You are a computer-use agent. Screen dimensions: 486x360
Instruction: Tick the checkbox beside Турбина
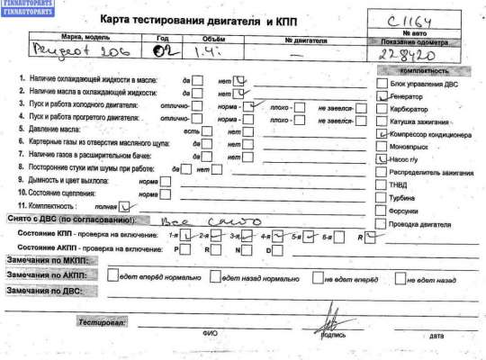pyautogui.click(x=382, y=196)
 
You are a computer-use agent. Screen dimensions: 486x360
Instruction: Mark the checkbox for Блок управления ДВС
pyautogui.click(x=382, y=81)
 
